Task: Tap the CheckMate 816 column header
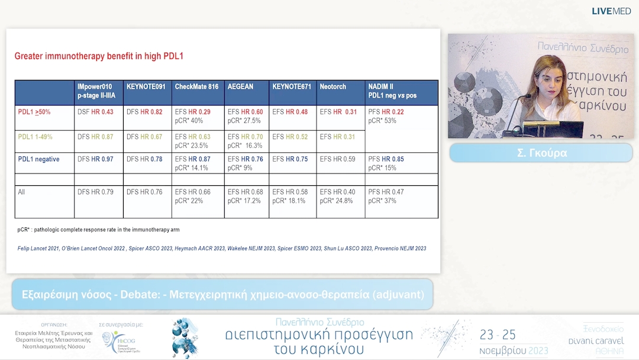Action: point(196,86)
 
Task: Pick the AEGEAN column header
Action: point(240,86)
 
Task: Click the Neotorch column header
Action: point(333,86)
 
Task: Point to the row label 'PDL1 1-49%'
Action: point(35,137)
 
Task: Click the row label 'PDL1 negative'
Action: point(39,159)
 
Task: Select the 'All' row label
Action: point(22,192)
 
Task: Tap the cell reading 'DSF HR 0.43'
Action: point(95,112)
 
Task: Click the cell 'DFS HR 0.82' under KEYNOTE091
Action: point(144,112)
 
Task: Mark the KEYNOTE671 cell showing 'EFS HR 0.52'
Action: point(290,137)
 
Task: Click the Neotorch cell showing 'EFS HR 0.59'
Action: point(338,159)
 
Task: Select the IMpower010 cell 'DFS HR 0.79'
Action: point(95,192)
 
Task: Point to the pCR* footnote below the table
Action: point(98,229)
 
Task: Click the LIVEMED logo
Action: point(612,11)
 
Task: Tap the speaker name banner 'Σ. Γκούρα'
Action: point(541,153)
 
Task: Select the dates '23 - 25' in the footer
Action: point(498,335)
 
